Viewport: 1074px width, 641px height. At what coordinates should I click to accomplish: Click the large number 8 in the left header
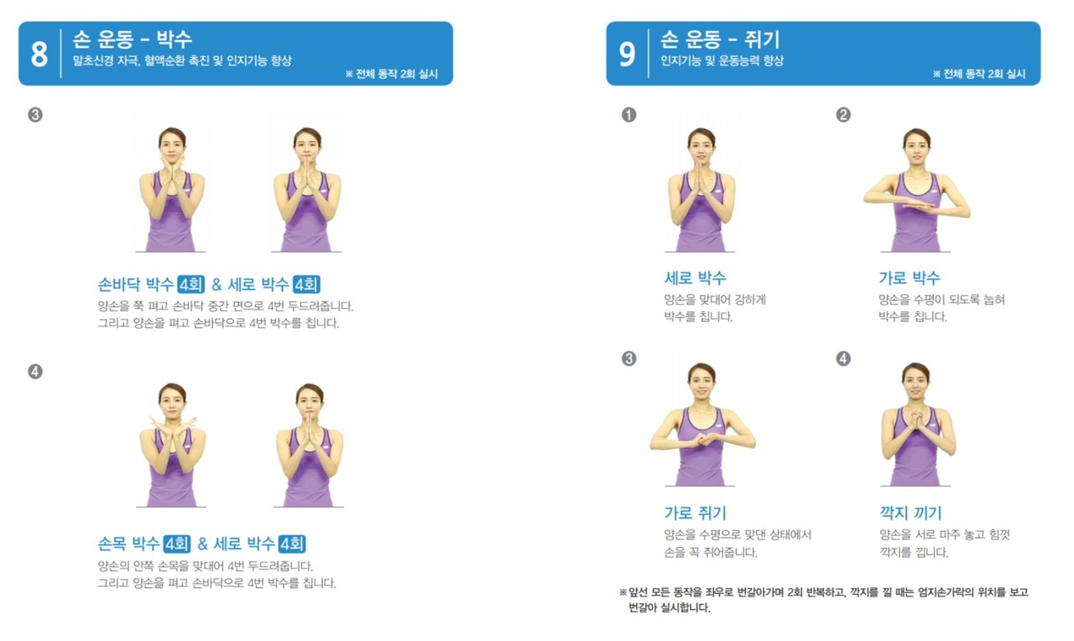click(x=39, y=54)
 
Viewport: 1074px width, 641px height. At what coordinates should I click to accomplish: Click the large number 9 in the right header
click(x=627, y=54)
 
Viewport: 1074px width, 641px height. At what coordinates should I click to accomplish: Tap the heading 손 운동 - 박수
click(x=133, y=39)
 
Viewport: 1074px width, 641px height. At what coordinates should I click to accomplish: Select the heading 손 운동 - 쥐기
click(x=721, y=39)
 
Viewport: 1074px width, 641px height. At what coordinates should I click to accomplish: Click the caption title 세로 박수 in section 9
click(x=696, y=278)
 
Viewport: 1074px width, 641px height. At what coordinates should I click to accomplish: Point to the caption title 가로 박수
click(x=910, y=278)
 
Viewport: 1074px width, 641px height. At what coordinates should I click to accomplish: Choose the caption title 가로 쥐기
click(x=696, y=513)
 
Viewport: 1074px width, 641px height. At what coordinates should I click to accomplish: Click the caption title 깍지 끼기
click(x=910, y=513)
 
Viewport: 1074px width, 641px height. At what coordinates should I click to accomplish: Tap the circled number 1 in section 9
click(x=629, y=115)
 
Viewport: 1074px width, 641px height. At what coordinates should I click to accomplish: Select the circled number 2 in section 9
click(x=843, y=115)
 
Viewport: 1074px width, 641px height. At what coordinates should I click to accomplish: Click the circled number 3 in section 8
click(x=35, y=115)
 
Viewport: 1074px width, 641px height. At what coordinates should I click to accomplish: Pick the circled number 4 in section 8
click(x=35, y=372)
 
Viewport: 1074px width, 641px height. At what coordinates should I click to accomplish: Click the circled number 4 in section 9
click(x=843, y=358)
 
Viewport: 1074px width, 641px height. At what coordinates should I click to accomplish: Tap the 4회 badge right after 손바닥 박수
click(x=190, y=284)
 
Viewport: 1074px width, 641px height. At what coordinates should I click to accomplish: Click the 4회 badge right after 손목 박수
click(x=177, y=544)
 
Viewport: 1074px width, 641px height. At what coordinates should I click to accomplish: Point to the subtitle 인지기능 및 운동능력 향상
click(x=722, y=60)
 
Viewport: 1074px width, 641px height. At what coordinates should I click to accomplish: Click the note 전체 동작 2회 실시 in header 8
click(x=392, y=74)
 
